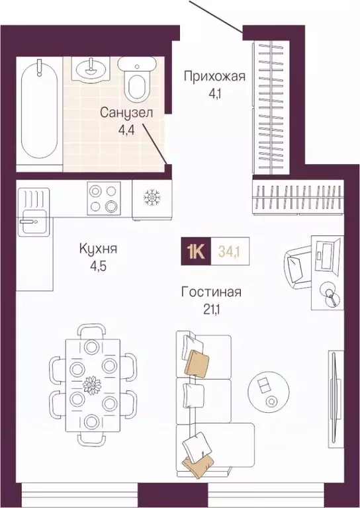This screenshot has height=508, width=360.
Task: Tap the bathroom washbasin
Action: click(91, 67)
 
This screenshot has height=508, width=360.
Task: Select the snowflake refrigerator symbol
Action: click(152, 197)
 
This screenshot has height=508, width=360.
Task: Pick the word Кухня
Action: click(98, 249)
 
